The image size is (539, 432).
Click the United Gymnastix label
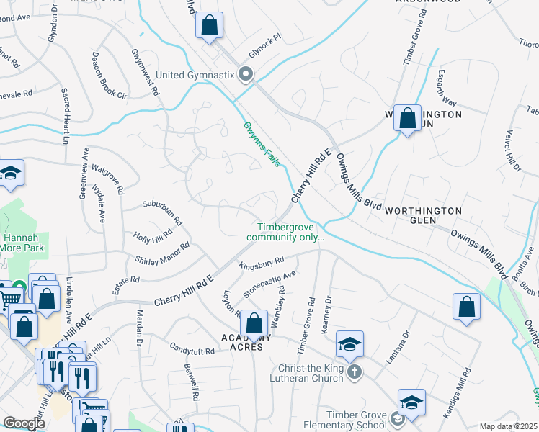tap(196, 75)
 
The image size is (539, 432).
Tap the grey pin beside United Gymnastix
tap(246, 74)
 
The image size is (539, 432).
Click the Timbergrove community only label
tap(285, 230)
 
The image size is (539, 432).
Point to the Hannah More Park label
tap(23, 242)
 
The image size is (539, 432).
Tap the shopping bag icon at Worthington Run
tap(407, 118)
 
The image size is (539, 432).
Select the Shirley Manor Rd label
tap(162, 253)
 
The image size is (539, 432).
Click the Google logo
tap(24, 423)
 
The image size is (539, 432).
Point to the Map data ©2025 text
tap(507, 426)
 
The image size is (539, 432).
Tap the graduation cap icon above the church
tap(349, 344)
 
